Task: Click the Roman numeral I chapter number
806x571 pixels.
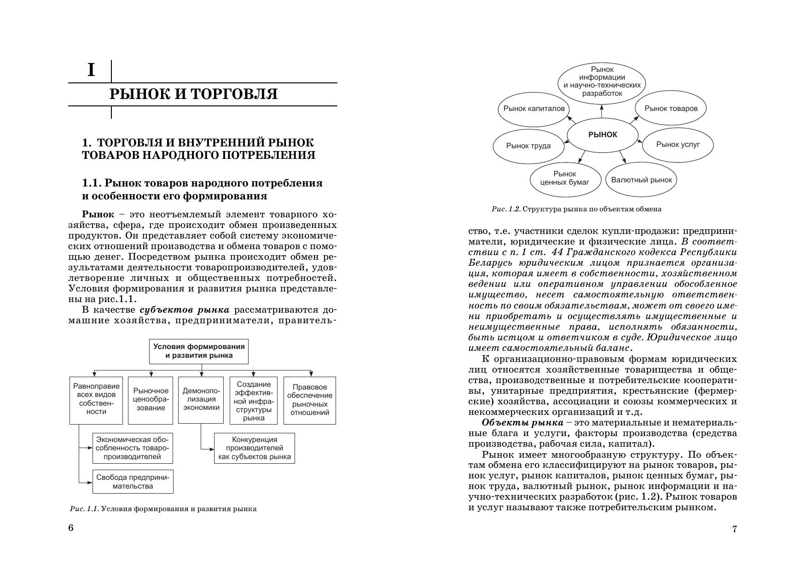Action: coord(91,70)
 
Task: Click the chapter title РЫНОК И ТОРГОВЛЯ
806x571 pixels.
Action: coord(193,94)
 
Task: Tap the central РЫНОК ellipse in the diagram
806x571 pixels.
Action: coord(603,135)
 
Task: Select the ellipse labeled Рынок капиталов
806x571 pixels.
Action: coord(533,109)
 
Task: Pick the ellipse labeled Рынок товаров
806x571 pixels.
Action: coord(671,109)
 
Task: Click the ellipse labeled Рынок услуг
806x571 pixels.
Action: coord(678,145)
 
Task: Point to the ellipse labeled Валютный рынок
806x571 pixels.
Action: coord(641,180)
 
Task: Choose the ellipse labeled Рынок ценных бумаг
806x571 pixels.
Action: coord(565,178)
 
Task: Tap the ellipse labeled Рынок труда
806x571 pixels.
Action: coord(528,146)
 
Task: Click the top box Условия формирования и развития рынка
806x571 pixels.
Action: coord(199,351)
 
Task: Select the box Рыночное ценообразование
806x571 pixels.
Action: coord(151,400)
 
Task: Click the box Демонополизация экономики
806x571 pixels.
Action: coord(201,400)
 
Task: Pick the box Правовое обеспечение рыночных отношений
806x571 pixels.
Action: coord(309,400)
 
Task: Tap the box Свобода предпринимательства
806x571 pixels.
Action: coord(133,482)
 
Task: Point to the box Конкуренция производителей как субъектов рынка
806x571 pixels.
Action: coord(255,448)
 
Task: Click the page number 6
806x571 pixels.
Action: coord(71,528)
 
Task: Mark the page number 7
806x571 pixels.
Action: coord(735,529)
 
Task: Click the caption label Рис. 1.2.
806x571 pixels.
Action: coord(506,210)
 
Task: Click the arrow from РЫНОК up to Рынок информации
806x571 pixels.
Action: coord(602,111)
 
